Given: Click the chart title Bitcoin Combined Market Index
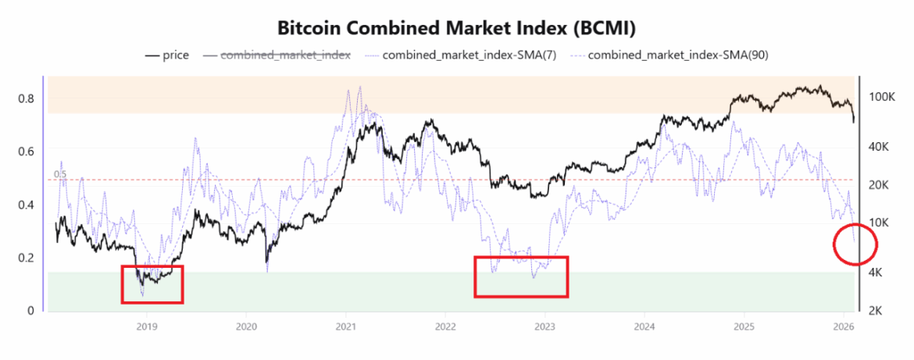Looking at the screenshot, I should pos(456,28).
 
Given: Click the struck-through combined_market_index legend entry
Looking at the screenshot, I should pos(277,55).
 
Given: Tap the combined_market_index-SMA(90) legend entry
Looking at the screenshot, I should pos(669,55).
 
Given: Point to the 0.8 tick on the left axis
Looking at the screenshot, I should pos(27,98).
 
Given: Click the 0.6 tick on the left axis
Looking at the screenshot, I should pos(27,151).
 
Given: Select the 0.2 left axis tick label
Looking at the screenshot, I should pos(27,258).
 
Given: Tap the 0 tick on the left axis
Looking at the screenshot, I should pos(30,311).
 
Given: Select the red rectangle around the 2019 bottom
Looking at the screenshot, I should pos(152,284).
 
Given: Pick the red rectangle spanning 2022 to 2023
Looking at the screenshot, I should pos(521,276).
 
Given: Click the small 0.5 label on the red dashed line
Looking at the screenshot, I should pos(59,174).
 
